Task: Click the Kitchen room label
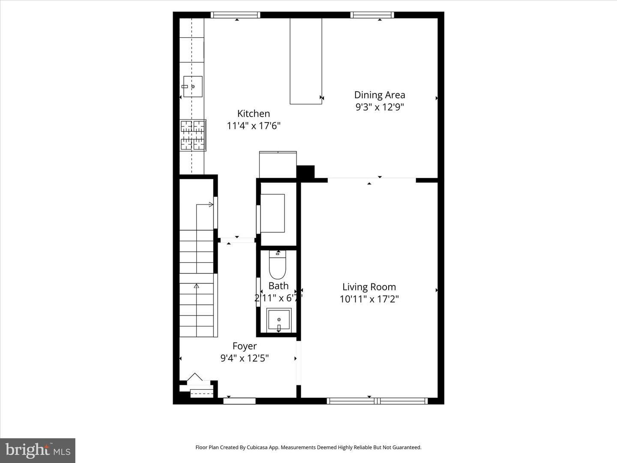(x=254, y=114)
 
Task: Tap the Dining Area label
(x=379, y=95)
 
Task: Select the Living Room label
(x=369, y=287)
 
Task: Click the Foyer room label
(x=245, y=346)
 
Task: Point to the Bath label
(x=279, y=286)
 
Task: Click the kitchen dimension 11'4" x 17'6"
(x=254, y=126)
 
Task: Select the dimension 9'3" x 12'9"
(x=380, y=107)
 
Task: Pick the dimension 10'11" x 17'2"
(x=369, y=299)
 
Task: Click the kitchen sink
(x=193, y=87)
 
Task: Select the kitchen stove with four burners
(x=192, y=135)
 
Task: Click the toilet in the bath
(x=277, y=266)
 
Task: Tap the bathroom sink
(x=279, y=320)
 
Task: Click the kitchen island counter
(x=306, y=60)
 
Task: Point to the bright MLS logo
(x=38, y=450)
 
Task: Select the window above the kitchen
(x=236, y=15)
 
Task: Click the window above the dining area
(x=372, y=15)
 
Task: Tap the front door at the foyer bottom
(x=240, y=401)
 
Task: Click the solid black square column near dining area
(x=306, y=172)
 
